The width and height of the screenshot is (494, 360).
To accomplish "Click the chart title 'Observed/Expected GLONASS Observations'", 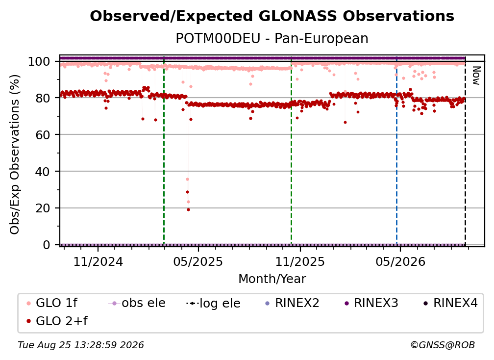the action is click(272, 16).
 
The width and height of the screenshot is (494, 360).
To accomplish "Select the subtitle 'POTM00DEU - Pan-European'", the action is click(272, 38).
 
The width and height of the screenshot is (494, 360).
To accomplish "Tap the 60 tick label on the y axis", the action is click(43, 134).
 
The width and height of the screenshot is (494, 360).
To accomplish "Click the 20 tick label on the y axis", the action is click(43, 208).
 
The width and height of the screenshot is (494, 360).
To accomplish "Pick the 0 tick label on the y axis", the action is click(47, 245).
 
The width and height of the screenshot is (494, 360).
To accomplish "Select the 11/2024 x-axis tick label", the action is click(98, 261).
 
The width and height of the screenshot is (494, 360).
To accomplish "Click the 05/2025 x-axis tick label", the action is click(198, 261).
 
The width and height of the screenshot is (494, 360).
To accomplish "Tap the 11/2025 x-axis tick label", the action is click(300, 261).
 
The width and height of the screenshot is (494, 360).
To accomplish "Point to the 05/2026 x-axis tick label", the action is click(400, 261).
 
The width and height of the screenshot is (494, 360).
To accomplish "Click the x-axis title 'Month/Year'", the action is click(272, 279).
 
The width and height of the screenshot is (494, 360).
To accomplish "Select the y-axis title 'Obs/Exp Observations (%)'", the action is click(15, 154).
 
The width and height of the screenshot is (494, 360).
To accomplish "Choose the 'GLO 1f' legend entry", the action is click(51, 303).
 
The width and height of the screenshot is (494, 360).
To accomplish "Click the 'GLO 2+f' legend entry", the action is click(57, 321).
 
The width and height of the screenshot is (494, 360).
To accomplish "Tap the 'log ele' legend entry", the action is click(213, 303).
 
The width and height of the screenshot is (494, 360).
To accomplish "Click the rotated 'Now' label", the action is click(476, 76).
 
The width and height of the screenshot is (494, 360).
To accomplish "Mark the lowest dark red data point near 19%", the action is click(188, 209).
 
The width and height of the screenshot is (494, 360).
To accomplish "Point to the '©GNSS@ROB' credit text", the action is click(443, 345).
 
